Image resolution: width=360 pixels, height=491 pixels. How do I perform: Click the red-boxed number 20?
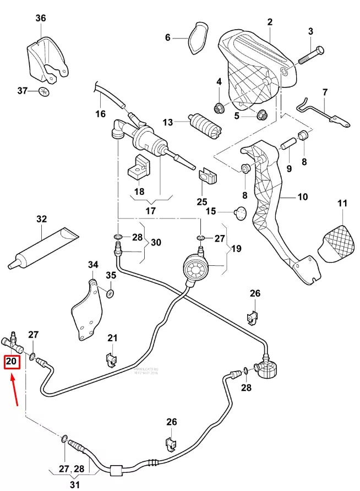[12, 362]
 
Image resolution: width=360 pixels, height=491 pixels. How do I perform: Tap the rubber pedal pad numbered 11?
[337, 243]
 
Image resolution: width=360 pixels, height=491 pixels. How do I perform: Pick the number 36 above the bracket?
[41, 18]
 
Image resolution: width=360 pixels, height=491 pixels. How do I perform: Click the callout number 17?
[150, 210]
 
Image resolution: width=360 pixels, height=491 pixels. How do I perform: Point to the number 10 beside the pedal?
[303, 197]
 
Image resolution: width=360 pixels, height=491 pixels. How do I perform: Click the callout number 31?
[74, 484]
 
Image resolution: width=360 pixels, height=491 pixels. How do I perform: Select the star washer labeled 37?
[45, 91]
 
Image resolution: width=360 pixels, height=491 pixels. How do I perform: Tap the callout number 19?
[236, 248]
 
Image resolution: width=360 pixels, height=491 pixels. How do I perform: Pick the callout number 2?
[270, 22]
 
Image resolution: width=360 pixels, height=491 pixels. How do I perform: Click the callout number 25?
[202, 202]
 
